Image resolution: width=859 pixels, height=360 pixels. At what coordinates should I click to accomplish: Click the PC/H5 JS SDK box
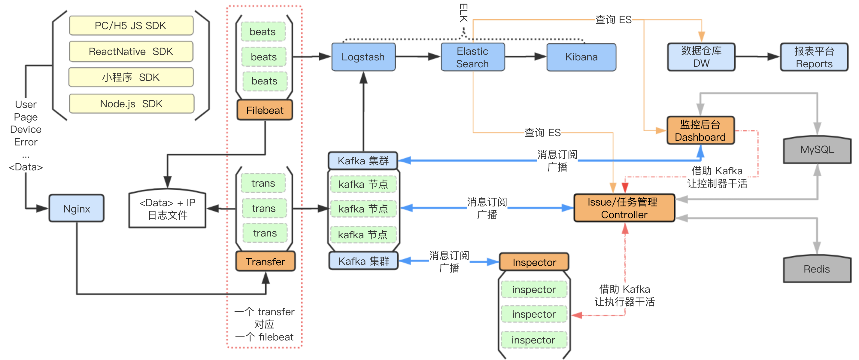[131, 26]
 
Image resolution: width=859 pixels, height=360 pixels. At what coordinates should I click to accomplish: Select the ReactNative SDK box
[131, 52]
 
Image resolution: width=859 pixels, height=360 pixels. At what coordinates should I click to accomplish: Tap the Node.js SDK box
[131, 104]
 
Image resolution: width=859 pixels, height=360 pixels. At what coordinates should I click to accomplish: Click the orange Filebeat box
[265, 110]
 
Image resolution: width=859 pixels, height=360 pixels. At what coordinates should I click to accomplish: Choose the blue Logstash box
[363, 57]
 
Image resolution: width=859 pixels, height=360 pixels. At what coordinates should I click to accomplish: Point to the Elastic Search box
[472, 57]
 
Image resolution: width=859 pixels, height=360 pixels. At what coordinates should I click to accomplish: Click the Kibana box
[581, 57]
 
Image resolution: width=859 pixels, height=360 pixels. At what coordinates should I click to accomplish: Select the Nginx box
[76, 209]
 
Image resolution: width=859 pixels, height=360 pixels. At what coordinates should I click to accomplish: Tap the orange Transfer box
[266, 261]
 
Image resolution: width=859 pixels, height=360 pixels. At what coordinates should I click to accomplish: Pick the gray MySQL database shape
[817, 150]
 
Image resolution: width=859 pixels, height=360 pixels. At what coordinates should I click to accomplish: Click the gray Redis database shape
[817, 269]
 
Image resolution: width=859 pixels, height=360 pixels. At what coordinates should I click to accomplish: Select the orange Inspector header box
[534, 262]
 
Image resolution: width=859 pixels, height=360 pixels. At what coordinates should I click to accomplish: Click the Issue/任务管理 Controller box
[624, 208]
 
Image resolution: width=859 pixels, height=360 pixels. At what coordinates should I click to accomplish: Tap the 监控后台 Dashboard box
[700, 131]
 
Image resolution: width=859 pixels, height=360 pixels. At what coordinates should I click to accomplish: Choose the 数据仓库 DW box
[701, 57]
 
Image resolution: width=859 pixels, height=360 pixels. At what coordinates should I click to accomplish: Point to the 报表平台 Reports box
[814, 57]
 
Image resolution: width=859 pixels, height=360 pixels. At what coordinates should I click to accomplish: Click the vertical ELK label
[463, 13]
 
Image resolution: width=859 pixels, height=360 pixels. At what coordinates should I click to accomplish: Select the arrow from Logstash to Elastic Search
[418, 57]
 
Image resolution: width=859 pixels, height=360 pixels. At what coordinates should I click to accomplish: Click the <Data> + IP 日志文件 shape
[167, 209]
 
